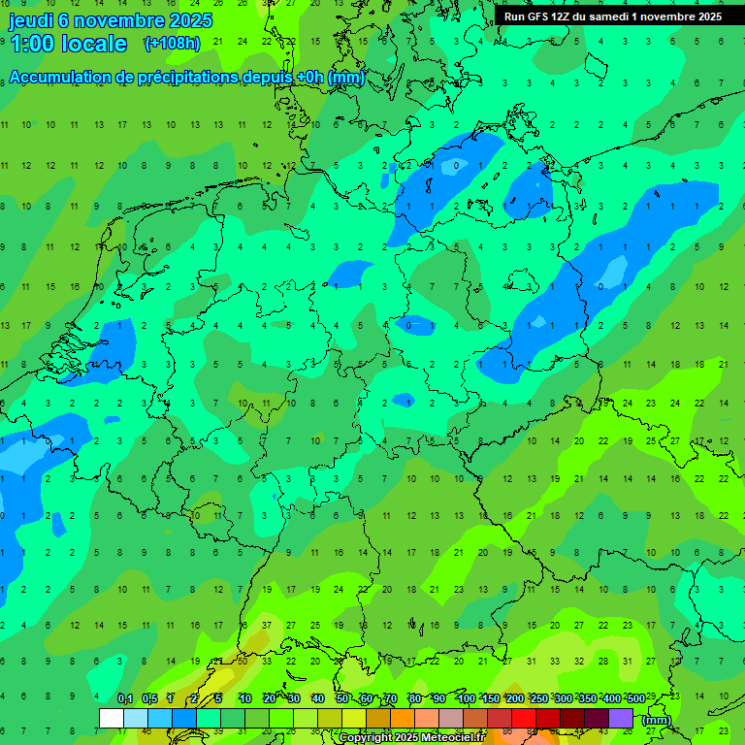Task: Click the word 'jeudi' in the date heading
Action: tap(31, 20)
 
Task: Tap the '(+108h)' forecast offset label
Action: tap(172, 44)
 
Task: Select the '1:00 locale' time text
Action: tap(68, 44)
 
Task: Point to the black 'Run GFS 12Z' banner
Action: tap(612, 16)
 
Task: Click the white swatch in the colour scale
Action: tap(112, 718)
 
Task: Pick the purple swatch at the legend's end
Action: tap(621, 718)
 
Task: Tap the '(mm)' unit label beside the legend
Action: tap(657, 720)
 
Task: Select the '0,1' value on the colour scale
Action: tap(125, 698)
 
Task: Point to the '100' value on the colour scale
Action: tap(466, 698)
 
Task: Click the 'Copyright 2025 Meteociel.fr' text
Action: tap(424, 738)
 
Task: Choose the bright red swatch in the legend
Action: tap(524, 718)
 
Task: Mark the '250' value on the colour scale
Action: tap(537, 698)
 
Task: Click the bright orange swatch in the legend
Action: tap(403, 718)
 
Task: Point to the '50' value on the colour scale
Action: tap(342, 698)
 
